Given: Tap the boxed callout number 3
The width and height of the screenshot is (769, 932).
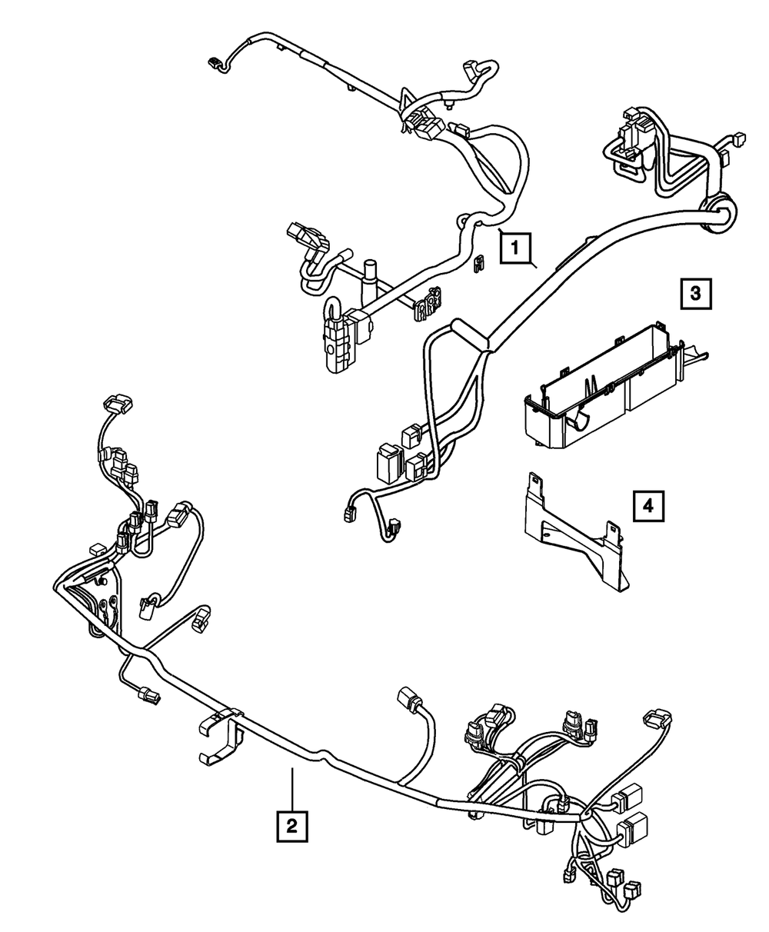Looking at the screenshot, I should [694, 292].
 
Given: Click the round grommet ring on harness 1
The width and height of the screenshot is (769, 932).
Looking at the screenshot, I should [716, 211].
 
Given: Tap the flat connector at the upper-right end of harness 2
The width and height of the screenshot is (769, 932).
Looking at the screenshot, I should [655, 717].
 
